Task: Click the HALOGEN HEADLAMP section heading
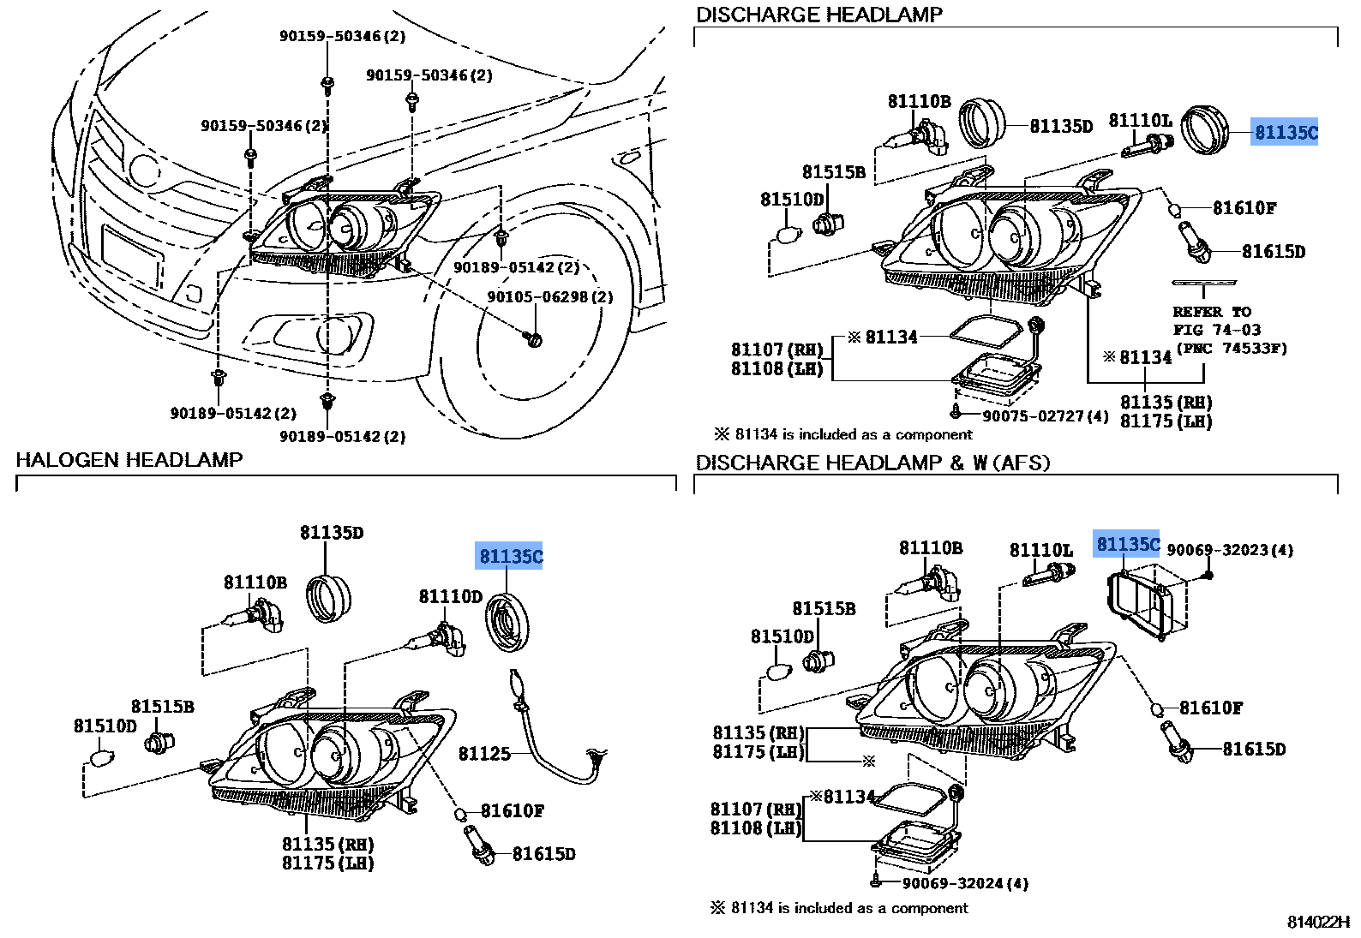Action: (x=129, y=460)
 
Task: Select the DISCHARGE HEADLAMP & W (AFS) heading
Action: (x=872, y=463)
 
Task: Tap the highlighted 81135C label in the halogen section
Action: (x=511, y=557)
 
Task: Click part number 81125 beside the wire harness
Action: (x=484, y=754)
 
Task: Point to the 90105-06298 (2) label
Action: (x=549, y=297)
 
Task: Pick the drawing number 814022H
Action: (x=1318, y=922)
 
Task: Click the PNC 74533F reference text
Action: (x=1232, y=348)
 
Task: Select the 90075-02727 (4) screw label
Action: (x=1045, y=416)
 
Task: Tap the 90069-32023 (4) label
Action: (x=1230, y=550)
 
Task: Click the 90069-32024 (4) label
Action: (x=965, y=883)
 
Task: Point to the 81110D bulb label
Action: (x=450, y=596)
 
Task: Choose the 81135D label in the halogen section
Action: (x=332, y=533)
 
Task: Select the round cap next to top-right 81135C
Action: (x=1204, y=129)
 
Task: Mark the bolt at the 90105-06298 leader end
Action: (x=535, y=340)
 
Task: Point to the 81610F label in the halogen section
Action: (x=513, y=810)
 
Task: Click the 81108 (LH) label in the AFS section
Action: (x=755, y=828)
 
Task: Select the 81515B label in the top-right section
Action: (x=833, y=172)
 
